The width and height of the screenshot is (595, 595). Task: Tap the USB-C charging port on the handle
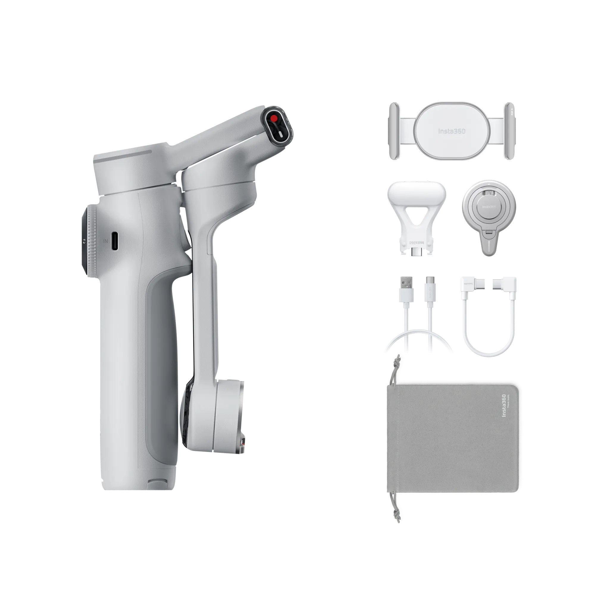pyautogui.click(x=114, y=241)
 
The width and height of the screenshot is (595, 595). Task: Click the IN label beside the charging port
pyautogui.click(x=106, y=241)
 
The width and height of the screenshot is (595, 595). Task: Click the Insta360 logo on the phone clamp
pyautogui.click(x=452, y=131)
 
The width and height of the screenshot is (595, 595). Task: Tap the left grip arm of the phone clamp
pyautogui.click(x=394, y=131)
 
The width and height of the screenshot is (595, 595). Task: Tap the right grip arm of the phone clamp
pyautogui.click(x=509, y=131)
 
